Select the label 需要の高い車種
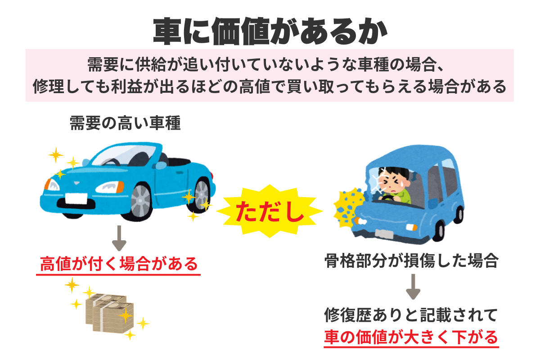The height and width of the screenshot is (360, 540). click(x=125, y=123)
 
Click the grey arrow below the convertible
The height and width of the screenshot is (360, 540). click(x=119, y=238)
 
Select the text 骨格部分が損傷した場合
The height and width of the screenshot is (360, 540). click(x=411, y=261)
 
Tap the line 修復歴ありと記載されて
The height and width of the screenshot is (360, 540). click(x=411, y=315)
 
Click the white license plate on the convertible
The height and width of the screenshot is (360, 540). click(x=77, y=198)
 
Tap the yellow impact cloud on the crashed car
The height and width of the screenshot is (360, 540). click(x=347, y=205)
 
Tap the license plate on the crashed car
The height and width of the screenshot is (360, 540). click(x=384, y=234)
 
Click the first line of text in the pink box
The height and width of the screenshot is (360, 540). click(x=270, y=64)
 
